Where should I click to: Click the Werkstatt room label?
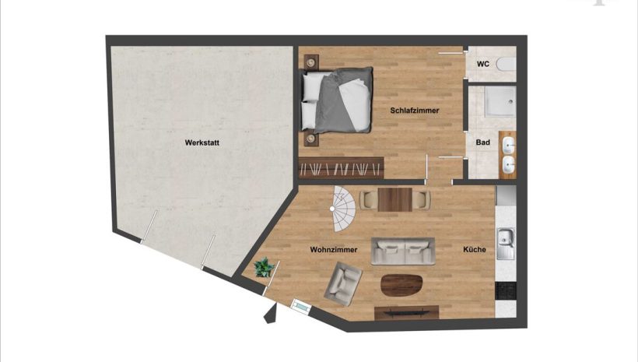point(202,142)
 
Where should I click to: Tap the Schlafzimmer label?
point(414,111)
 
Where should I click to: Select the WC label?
point(483,64)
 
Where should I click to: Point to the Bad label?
point(482,142)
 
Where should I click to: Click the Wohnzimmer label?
point(334,250)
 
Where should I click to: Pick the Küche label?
point(475,249)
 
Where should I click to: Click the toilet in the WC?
point(507,65)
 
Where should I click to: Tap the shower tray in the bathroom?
point(500,101)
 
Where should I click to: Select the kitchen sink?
point(506,244)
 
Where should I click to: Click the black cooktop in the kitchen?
point(506,290)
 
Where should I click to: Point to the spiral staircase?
point(343,209)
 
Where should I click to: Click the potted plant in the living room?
point(264,268)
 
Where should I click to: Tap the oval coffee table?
point(401,285)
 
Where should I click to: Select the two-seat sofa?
point(403,251)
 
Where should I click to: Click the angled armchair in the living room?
point(343,284)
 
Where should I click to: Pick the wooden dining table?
point(394,199)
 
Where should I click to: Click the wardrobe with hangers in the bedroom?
point(341,168)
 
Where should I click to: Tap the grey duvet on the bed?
point(342,100)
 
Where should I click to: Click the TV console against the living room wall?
point(406,313)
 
